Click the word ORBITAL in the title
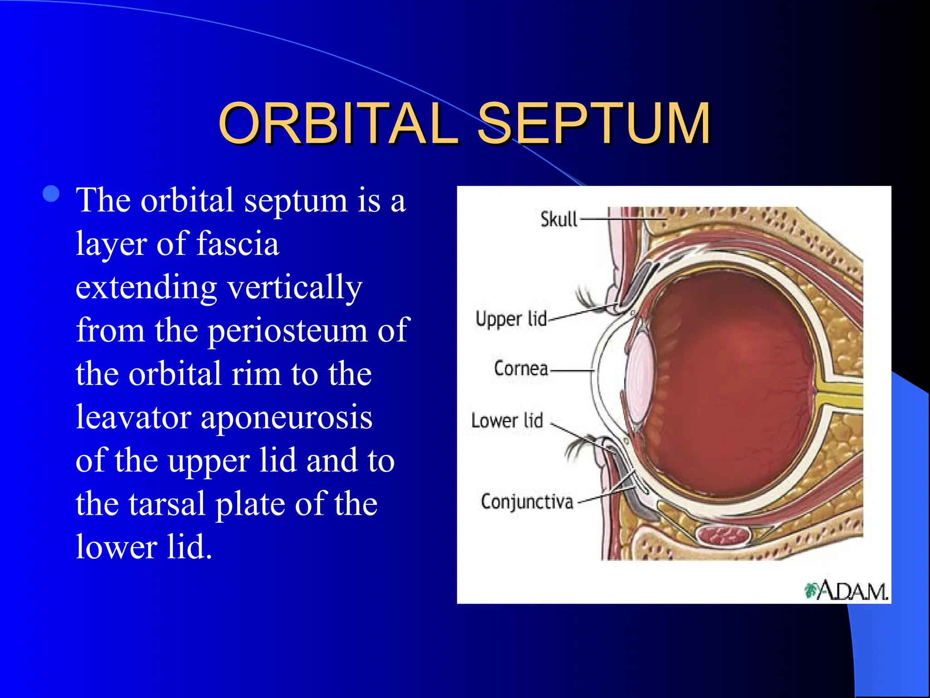pos(338,124)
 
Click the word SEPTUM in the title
pos(594,124)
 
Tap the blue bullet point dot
pos(51,194)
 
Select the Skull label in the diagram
pos(559,219)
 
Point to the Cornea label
pos(521,369)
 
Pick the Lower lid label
pos(507,421)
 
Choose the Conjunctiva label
pos(527,502)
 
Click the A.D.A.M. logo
pos(847,591)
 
